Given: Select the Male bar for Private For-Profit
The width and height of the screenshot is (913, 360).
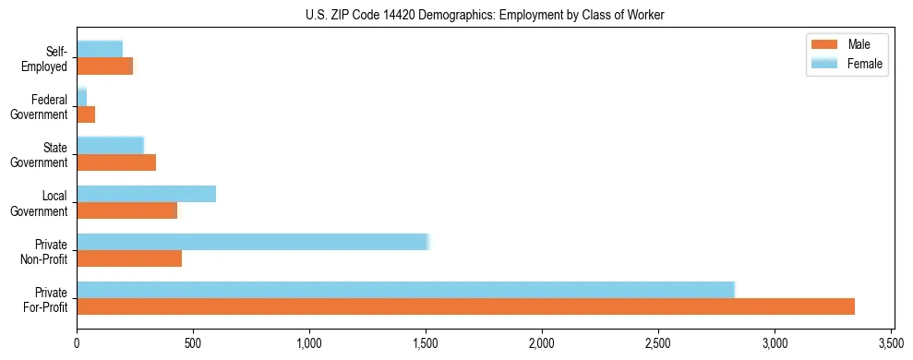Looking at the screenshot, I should coord(465,306).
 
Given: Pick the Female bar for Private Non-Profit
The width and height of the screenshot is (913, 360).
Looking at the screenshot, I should coord(253,242).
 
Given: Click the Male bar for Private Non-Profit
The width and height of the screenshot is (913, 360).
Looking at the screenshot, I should coord(129,258).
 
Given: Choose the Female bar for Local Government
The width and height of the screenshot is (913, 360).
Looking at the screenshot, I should coord(146,194).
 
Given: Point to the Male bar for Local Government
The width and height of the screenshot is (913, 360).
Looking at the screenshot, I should coord(126,210).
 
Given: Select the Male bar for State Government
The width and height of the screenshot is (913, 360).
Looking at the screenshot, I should coord(116,162).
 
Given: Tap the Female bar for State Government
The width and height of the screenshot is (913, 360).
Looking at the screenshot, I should coord(110,145).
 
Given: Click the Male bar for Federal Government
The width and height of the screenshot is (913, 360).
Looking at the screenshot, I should coord(86,114).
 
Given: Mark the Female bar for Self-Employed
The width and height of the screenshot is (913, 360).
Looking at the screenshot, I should coord(100,49).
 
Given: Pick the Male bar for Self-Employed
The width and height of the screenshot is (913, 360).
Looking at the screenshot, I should coord(104,66).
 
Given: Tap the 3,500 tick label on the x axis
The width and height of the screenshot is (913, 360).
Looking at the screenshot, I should coord(891,344).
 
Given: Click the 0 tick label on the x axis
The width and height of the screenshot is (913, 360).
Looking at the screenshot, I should coord(77,344).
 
